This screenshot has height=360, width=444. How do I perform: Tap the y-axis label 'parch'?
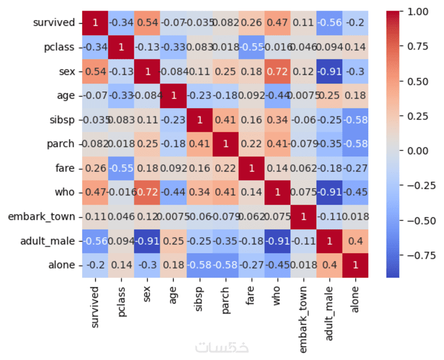click(61, 144)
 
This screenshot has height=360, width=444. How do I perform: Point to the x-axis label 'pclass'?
click(120, 297)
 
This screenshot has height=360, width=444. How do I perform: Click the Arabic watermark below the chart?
click(222, 347)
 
